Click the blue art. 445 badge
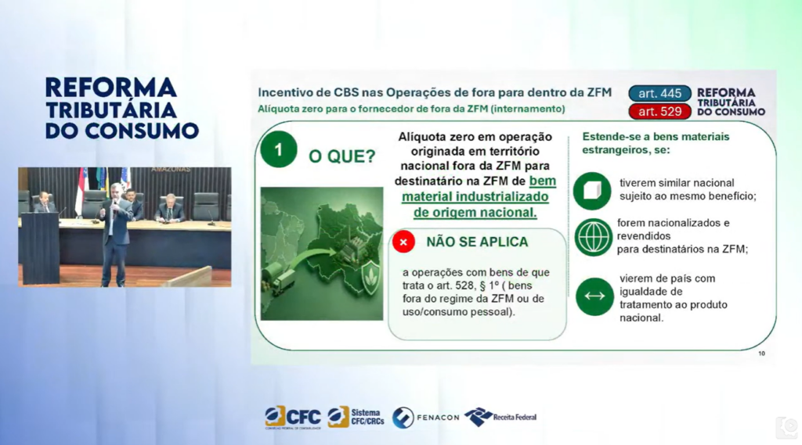659,94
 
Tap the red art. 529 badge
659,111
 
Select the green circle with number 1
278,149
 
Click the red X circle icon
403,242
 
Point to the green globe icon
593,237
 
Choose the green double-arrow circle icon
594,296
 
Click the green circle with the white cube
592,191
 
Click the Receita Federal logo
500,417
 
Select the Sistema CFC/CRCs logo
356,417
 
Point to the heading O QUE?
341,156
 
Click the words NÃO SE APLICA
477,242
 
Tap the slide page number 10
761,353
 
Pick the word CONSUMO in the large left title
142,131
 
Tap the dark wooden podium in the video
40,248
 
